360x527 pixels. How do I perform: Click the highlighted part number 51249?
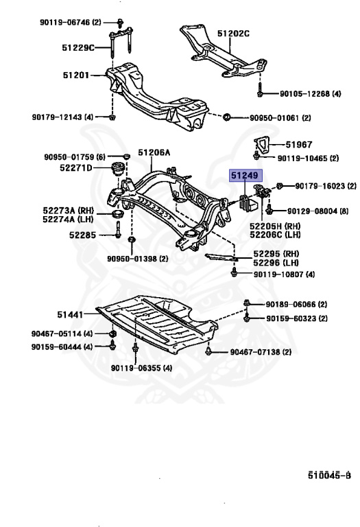click(245, 176)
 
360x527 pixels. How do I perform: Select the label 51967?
click(299, 145)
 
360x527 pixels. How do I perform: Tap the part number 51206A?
click(154, 153)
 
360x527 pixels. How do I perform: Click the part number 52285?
click(83, 235)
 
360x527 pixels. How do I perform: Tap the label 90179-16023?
click(326, 186)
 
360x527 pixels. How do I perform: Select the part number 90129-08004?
click(320, 211)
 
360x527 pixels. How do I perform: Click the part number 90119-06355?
click(143, 368)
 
